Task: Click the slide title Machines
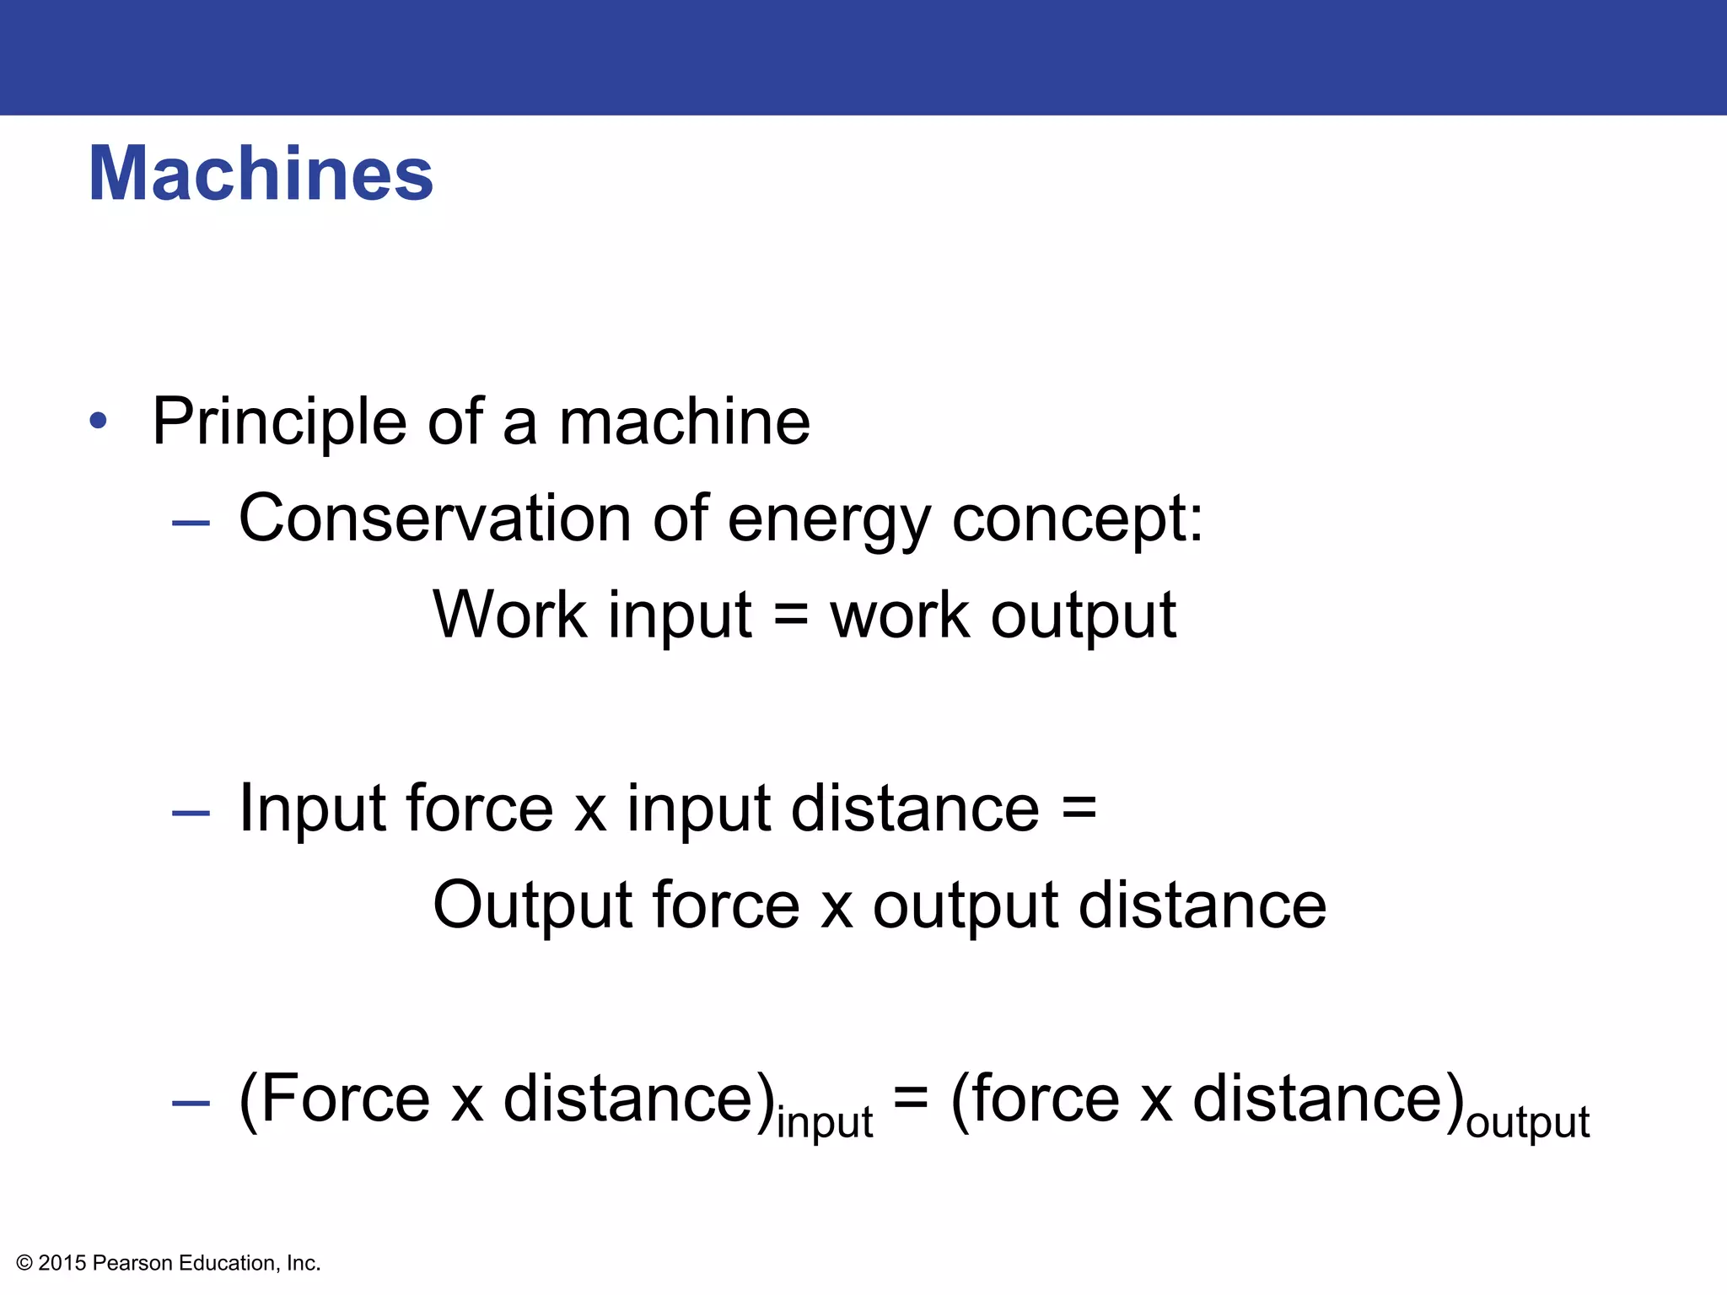coord(261,174)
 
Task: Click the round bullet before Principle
coord(99,421)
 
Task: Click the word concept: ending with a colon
coord(1077,519)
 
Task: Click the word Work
coord(509,614)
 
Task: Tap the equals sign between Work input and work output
coord(791,615)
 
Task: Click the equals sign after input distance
coord(1079,808)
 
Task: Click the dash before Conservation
coord(191,523)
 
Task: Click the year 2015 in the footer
coord(62,1263)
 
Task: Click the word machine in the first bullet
coord(684,422)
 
